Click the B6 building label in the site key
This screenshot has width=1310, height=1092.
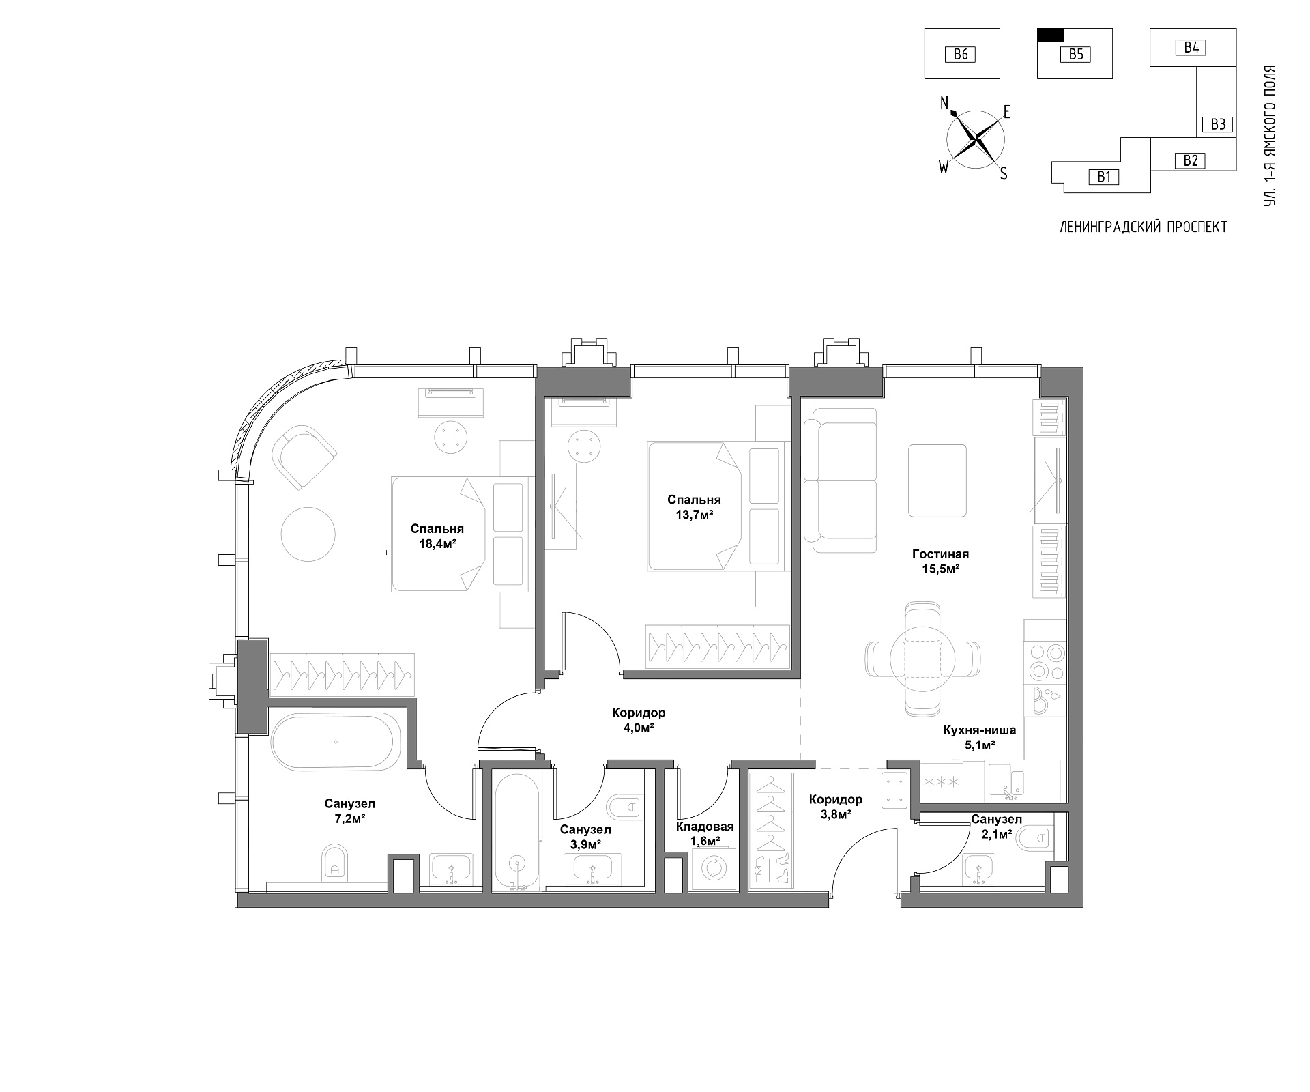(x=961, y=54)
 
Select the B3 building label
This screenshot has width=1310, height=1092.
(x=1219, y=124)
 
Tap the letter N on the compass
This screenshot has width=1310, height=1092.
(x=945, y=103)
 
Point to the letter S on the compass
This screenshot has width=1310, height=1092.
(x=1004, y=174)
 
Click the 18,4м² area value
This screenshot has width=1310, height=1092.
(x=437, y=544)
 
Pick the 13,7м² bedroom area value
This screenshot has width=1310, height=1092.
(x=694, y=515)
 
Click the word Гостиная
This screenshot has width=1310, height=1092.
(x=940, y=554)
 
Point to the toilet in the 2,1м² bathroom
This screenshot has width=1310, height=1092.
(x=1035, y=838)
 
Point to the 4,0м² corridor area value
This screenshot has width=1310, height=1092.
(x=638, y=728)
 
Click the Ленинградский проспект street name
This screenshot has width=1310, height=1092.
(x=1144, y=227)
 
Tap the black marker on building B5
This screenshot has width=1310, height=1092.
(x=1050, y=35)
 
